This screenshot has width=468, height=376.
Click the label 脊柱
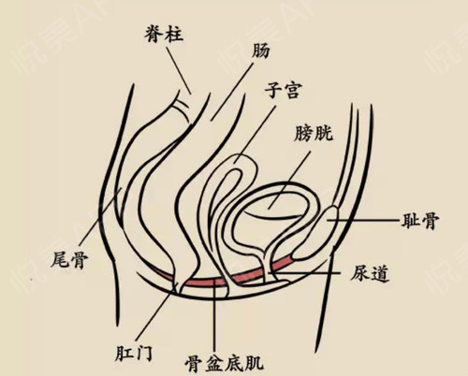point(164,34)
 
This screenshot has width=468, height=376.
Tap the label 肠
point(260,51)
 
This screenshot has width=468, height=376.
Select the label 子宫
point(284,91)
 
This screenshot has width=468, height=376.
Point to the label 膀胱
point(314,133)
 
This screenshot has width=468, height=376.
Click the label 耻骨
point(420,221)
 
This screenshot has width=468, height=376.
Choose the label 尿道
point(370,274)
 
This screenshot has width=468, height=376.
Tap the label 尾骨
point(69,259)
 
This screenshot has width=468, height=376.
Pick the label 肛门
point(133,353)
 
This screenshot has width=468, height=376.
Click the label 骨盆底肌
point(224,363)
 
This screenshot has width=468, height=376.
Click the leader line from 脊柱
point(179,70)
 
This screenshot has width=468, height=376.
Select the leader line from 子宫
point(256,134)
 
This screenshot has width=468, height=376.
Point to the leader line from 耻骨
point(363,220)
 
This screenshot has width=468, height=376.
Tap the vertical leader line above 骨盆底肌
point(214,316)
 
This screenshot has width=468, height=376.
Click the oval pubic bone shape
point(315,234)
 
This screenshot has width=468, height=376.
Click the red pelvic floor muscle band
point(218,282)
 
